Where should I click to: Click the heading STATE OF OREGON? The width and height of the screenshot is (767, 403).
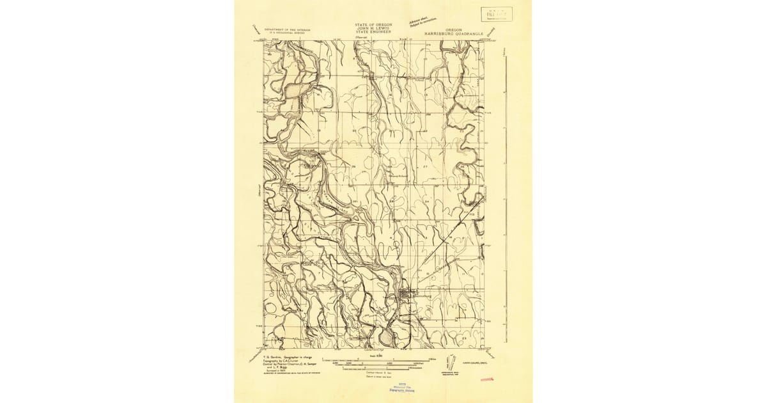(373, 24)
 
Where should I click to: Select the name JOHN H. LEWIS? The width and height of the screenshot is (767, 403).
(373, 29)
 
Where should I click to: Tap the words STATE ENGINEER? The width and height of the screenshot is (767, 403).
(373, 33)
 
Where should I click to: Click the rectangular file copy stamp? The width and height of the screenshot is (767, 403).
(497, 14)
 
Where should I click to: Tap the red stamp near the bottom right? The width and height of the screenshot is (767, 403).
(488, 379)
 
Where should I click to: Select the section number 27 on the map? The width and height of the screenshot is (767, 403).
(424, 166)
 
